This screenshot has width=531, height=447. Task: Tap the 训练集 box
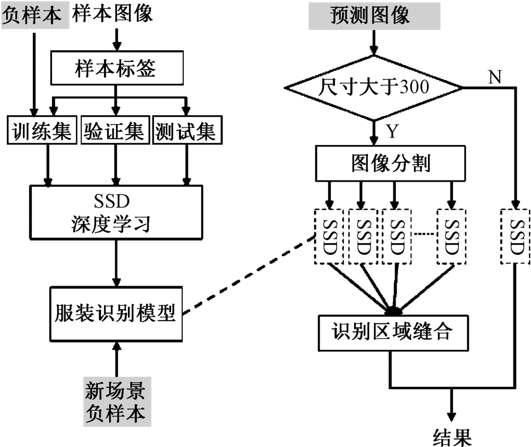click(40, 131)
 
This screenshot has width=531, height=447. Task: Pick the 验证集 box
click(115, 131)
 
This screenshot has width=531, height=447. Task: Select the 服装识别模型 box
click(115, 314)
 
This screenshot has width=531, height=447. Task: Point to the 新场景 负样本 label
click(116, 401)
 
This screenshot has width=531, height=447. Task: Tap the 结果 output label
click(452, 437)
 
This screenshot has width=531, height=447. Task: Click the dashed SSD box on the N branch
click(516, 236)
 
